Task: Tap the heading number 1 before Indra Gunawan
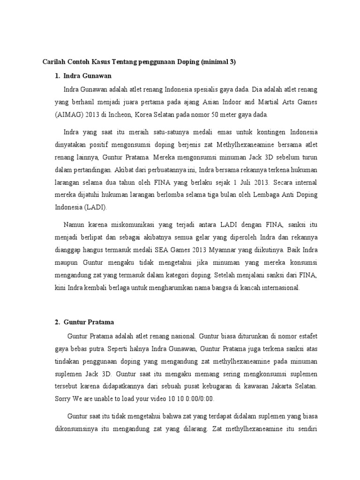coord(57,75)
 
